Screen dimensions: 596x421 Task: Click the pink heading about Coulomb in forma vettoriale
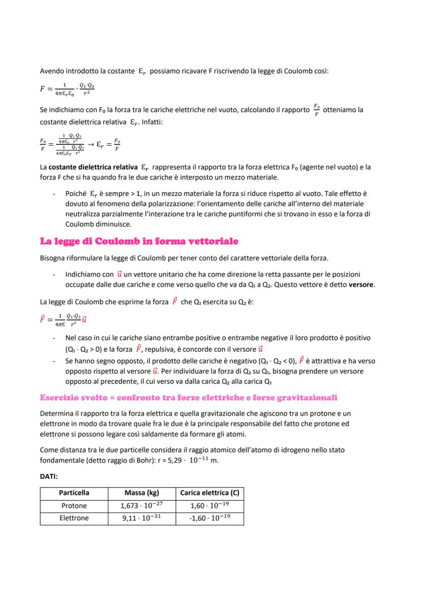pyautogui.click(x=139, y=241)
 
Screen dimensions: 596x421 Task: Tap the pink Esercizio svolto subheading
pyautogui.click(x=189, y=397)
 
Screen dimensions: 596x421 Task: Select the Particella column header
pyautogui.click(x=74, y=493)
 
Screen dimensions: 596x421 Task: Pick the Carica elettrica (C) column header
pyautogui.click(x=209, y=493)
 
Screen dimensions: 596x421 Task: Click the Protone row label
pyautogui.click(x=74, y=506)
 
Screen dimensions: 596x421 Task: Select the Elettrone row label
pyautogui.click(x=74, y=518)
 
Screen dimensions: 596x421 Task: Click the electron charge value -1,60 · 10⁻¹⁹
pyautogui.click(x=209, y=518)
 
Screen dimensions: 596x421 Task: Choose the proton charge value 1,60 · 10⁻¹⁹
pyautogui.click(x=209, y=506)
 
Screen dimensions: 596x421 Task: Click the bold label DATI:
pyautogui.click(x=49, y=477)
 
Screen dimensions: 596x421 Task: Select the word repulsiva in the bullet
pyautogui.click(x=158, y=349)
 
